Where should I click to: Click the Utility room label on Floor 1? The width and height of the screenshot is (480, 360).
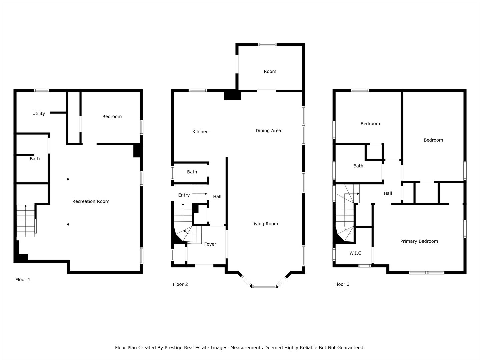pos(39,113)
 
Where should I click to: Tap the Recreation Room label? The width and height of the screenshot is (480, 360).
pos(91,201)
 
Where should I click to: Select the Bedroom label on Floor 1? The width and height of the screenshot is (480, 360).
pos(112,116)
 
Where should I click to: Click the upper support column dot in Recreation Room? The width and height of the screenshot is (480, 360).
pos(68,179)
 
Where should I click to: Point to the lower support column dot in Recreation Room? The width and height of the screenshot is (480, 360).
pos(68,224)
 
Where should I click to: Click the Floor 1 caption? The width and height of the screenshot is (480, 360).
pos(23,280)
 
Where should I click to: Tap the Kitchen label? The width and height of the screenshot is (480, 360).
pos(200,132)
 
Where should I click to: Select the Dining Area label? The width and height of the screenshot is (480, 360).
pos(268,131)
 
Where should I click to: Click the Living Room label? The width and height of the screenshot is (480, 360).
pos(265,224)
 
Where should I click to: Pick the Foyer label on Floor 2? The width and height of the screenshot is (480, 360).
pos(210,244)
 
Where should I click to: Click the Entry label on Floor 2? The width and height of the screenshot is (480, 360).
pos(184,195)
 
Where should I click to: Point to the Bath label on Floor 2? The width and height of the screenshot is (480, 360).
pos(192,172)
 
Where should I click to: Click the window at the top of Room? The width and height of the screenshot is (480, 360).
pos(268,44)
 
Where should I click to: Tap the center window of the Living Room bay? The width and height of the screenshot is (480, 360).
pos(264,286)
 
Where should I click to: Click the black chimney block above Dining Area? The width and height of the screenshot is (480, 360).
pos(232,95)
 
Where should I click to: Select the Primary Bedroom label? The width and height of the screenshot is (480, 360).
pos(419,241)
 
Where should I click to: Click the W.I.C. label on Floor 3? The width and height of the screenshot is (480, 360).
pos(356,253)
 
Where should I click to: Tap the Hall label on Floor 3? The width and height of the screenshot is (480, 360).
pos(388,193)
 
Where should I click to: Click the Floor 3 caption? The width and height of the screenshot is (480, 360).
pos(342,284)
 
